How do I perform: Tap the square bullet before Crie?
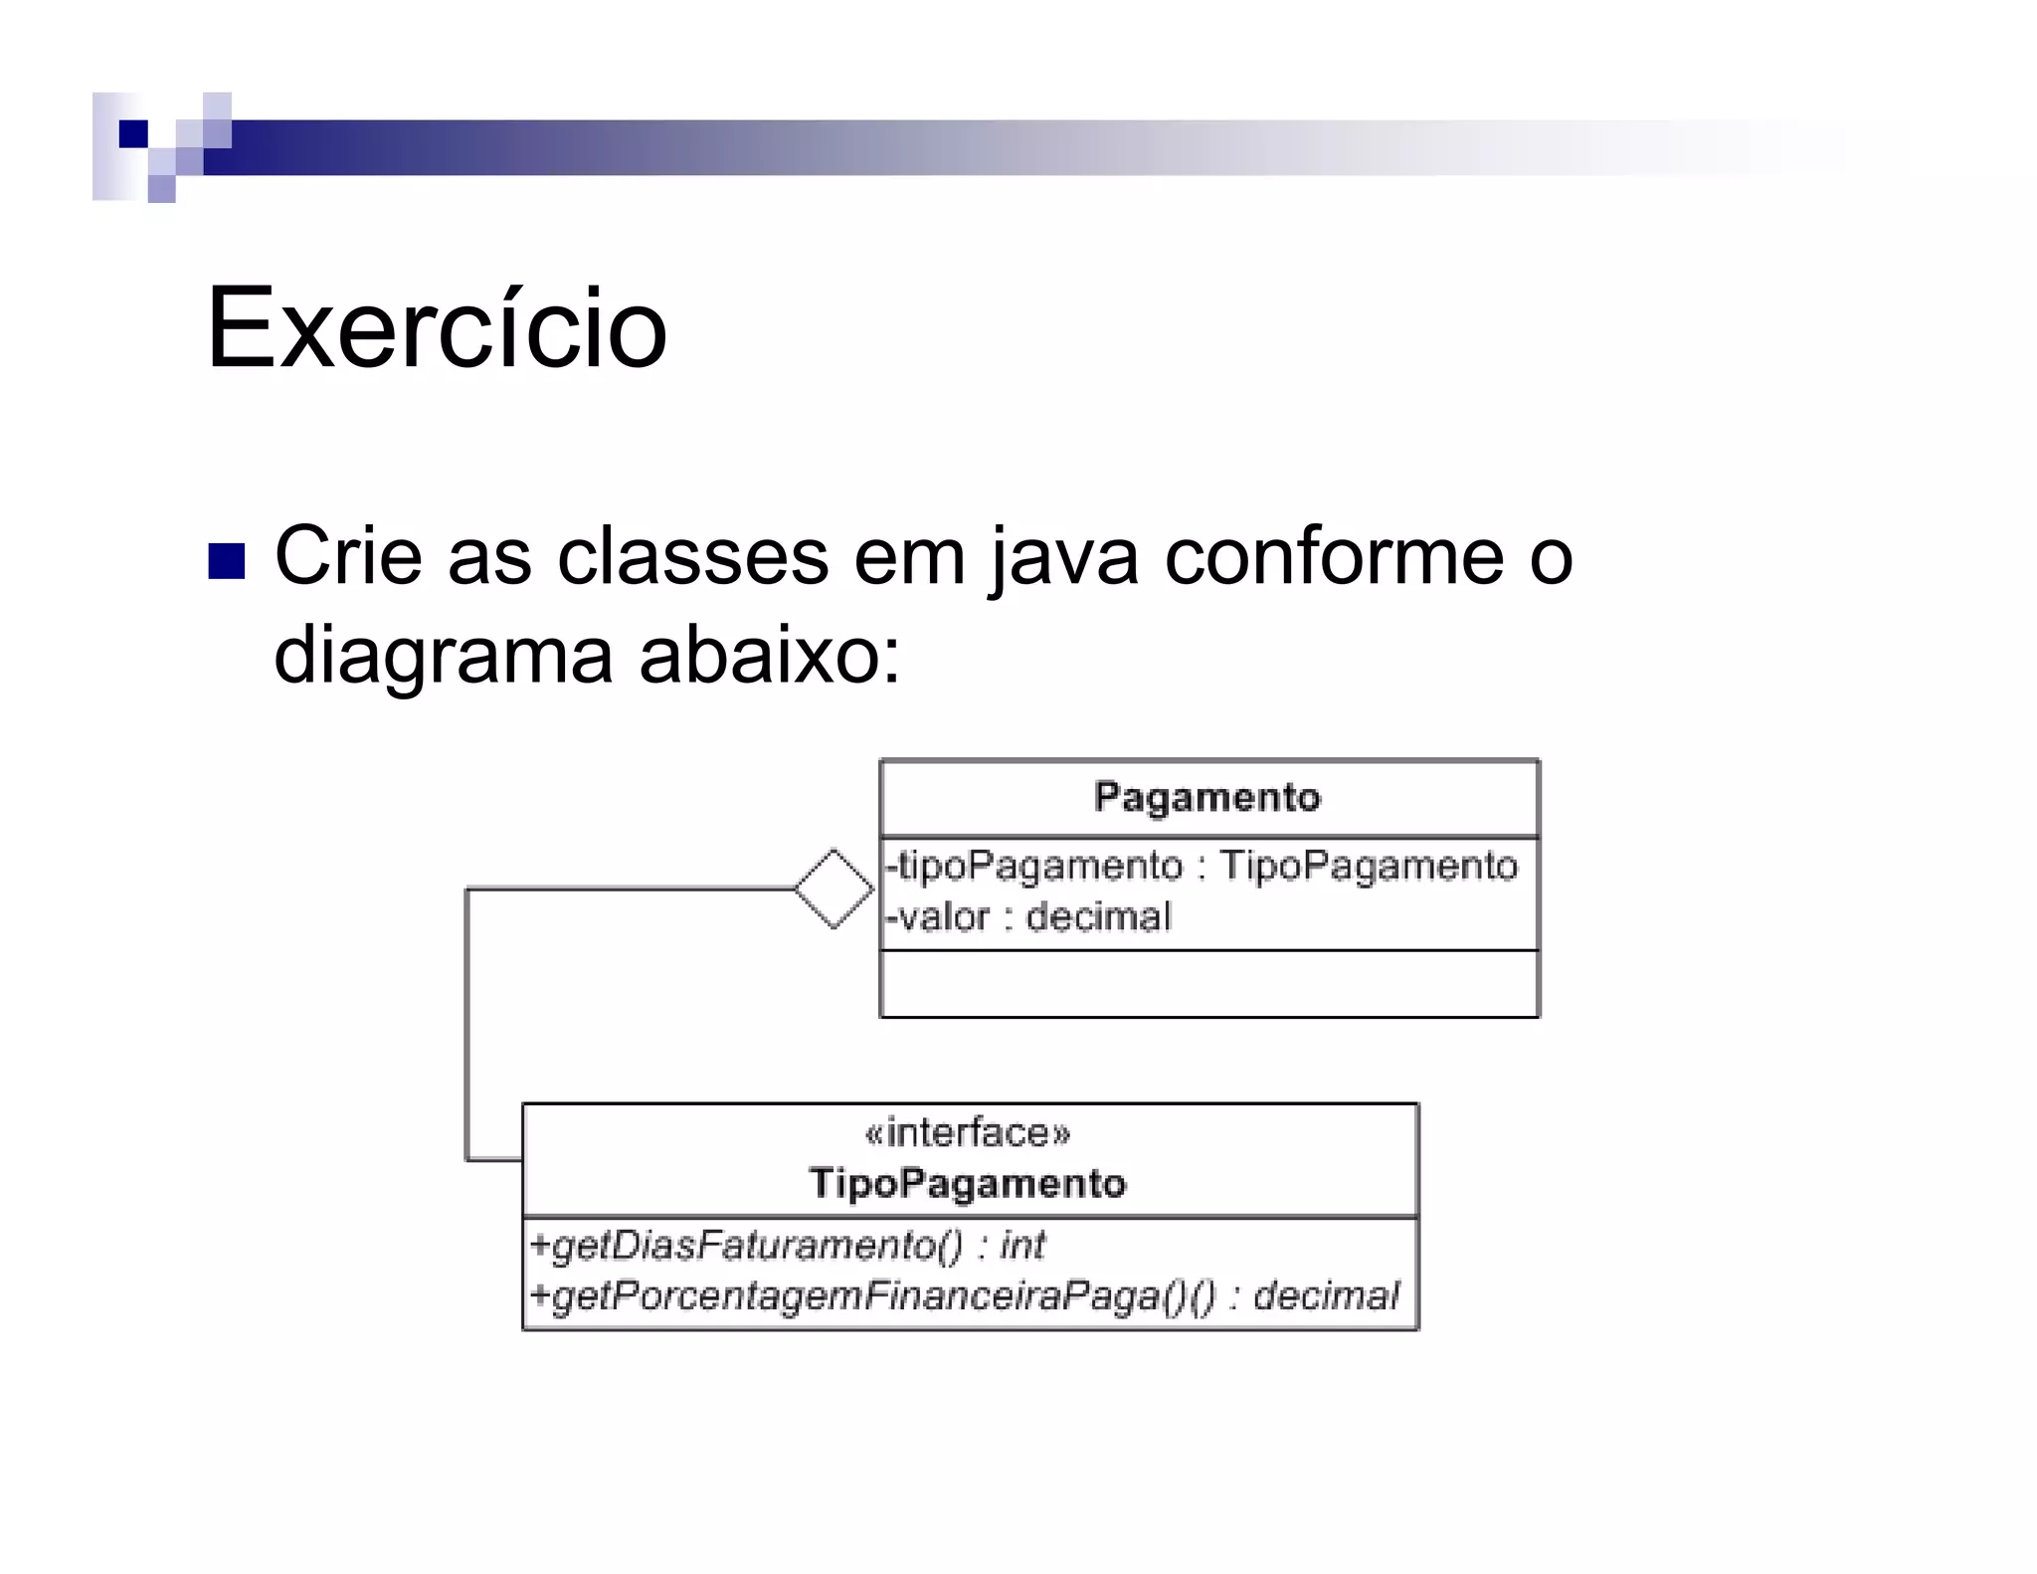(x=226, y=561)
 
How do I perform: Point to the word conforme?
(x=1334, y=556)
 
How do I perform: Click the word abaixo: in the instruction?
(x=770, y=656)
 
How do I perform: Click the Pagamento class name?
(x=1207, y=798)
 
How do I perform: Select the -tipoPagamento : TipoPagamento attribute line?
(x=1202, y=866)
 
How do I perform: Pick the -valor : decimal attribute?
(x=1028, y=916)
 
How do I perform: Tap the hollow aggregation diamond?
(x=833, y=888)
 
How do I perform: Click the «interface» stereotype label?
(x=968, y=1133)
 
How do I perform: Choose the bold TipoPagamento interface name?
(x=968, y=1184)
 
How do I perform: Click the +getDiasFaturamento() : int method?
(x=787, y=1246)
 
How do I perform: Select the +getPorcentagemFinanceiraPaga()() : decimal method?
(x=964, y=1296)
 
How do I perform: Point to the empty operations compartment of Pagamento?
(x=1208, y=984)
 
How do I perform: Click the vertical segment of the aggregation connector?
(x=466, y=1025)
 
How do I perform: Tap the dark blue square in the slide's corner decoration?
(x=133, y=134)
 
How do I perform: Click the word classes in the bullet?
(x=692, y=556)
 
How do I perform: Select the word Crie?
(x=348, y=556)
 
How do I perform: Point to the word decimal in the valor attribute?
(x=1098, y=916)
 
